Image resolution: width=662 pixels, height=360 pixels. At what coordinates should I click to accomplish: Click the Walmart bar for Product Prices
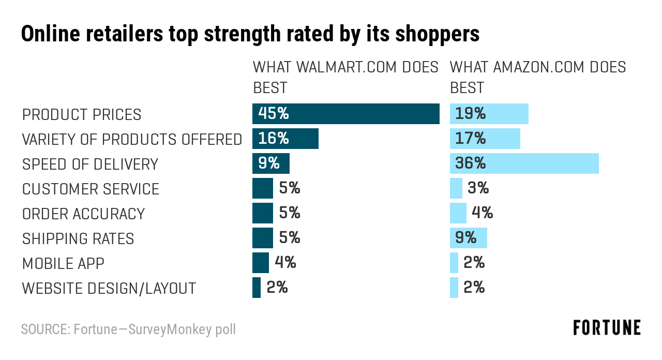point(345,114)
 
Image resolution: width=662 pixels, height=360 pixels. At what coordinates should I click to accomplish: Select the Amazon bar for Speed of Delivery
point(524,163)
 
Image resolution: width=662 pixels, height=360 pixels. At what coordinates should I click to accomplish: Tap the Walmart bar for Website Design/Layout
point(257,288)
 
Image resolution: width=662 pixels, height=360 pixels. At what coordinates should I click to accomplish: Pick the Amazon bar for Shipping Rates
point(469,238)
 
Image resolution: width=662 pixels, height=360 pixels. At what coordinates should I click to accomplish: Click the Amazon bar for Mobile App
point(454,263)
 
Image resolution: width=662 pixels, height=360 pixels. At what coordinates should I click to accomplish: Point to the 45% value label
point(273,114)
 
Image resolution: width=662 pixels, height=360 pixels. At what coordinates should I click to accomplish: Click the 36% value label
point(470,163)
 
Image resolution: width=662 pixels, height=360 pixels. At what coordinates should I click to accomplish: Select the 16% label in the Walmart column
point(273,139)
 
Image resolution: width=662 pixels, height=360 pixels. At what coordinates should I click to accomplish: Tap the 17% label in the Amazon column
point(470,139)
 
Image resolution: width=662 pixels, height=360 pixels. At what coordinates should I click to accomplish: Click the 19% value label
point(470,114)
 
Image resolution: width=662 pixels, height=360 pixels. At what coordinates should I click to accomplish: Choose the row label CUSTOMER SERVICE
point(91,189)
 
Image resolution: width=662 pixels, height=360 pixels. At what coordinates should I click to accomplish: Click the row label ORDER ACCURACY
point(83,214)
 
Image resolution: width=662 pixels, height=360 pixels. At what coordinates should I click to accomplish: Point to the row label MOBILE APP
point(63,263)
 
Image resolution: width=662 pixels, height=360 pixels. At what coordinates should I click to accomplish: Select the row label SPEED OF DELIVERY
point(90,164)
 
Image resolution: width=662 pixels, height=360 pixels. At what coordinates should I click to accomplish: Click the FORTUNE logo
point(607,328)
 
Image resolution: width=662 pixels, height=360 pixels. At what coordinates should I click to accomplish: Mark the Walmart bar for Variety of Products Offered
point(285,139)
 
